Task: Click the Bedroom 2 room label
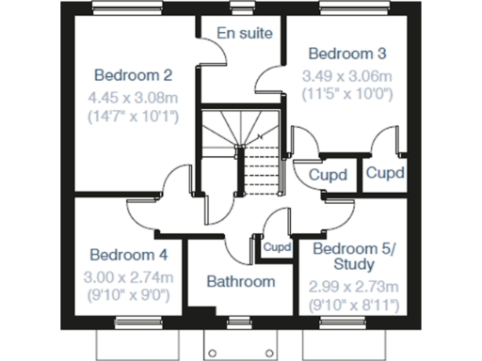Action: click(x=133, y=75)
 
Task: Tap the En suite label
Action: click(x=244, y=33)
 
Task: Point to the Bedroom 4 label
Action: click(x=128, y=254)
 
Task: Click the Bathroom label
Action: click(x=241, y=281)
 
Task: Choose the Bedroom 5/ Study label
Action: click(x=354, y=257)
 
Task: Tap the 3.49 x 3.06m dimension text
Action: click(x=346, y=74)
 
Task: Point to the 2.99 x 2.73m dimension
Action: click(x=354, y=286)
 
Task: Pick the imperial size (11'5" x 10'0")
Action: click(x=346, y=94)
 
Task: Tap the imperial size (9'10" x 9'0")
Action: click(x=128, y=295)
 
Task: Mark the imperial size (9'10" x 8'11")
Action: click(x=354, y=306)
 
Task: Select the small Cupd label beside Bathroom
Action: click(x=277, y=247)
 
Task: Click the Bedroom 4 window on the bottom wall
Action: click(x=133, y=322)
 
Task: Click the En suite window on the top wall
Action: click(x=240, y=10)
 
